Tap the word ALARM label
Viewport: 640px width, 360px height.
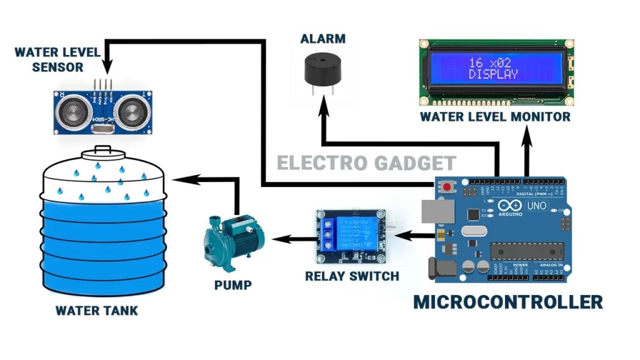click(322, 39)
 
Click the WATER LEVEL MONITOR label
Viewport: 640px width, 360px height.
click(495, 116)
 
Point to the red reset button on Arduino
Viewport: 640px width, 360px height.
click(447, 187)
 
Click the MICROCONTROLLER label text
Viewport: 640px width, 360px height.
click(507, 302)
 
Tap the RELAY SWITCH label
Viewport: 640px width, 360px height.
click(352, 276)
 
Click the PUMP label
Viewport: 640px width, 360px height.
click(232, 286)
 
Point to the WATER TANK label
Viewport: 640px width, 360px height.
click(96, 311)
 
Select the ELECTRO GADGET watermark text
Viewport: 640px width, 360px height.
click(366, 164)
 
